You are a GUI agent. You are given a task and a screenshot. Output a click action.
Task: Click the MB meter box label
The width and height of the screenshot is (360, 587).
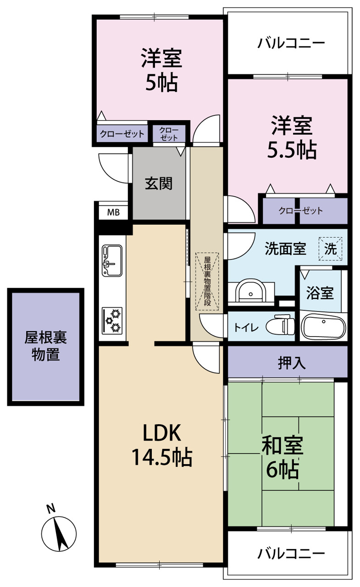tap(113, 212)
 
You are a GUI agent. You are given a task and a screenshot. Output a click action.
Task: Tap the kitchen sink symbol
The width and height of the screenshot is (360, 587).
tap(112, 260)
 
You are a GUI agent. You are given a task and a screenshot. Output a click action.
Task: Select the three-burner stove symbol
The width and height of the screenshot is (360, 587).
tap(112, 321)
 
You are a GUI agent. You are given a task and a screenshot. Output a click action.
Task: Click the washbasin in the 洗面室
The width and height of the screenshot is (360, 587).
tap(250, 291)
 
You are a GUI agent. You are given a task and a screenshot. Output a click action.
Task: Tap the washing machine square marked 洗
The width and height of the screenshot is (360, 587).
tap(330, 249)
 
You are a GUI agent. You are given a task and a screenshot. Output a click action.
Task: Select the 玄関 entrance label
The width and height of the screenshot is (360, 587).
tap(159, 183)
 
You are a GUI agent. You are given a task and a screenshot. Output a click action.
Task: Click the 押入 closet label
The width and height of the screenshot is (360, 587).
tap(292, 363)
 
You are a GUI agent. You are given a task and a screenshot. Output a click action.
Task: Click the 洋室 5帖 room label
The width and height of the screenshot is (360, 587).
tap(161, 70)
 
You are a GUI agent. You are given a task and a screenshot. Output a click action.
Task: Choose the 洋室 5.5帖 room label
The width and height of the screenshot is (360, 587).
tap(292, 137)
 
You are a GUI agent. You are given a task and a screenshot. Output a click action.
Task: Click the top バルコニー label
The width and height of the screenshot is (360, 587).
tap(291, 43)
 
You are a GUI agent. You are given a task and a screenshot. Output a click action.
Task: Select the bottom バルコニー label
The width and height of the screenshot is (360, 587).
tap(291, 554)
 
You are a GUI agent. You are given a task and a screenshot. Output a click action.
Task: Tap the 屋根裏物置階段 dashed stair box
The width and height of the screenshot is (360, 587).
tap(207, 282)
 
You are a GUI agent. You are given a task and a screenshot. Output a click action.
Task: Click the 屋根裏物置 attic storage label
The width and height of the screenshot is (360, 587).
tap(45, 346)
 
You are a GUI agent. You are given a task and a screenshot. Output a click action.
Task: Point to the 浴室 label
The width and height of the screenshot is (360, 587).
tap(320, 293)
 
